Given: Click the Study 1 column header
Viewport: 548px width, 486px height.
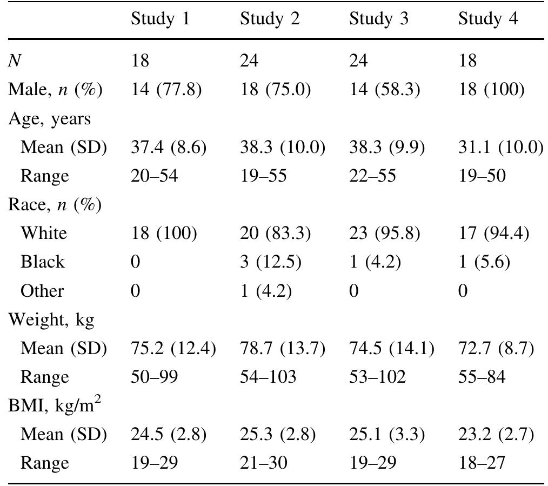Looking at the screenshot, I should pos(161,19).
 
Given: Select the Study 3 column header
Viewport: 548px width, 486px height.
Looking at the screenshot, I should pos(379,19).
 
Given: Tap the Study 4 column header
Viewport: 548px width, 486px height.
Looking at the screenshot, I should pos(488,19).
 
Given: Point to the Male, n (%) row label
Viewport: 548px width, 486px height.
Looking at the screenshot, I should pos(55,89).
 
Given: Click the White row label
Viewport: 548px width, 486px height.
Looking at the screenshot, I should pos(44,233).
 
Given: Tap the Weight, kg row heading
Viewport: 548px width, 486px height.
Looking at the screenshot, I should pos(51,319).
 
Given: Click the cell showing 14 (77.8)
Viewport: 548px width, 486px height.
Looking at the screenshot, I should pos(166,89).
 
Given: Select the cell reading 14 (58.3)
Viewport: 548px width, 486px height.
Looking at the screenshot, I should pos(384,89).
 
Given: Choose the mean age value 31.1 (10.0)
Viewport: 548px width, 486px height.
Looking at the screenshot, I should pos(500,147).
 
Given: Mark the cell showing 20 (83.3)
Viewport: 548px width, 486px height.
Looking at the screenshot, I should pos(276,233).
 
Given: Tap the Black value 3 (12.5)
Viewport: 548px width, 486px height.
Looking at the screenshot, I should pos(271,262).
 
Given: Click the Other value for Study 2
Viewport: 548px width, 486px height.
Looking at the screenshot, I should pos(266,291).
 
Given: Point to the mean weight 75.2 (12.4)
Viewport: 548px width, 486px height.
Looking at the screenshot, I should pos(173,348).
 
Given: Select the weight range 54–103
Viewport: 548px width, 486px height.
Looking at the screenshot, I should pos(269,377).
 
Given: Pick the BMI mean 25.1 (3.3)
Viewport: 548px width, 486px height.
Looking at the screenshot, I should pos(386,434).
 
